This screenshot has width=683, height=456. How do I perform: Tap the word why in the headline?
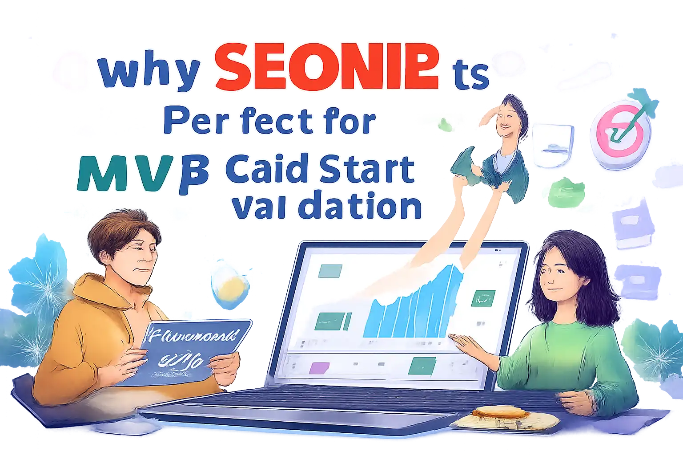tap(149, 71)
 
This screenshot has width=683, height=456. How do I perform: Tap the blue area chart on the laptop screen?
tap(411, 307)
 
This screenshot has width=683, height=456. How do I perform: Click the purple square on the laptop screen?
tap(319, 367)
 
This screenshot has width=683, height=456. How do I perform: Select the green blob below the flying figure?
tap(564, 193)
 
